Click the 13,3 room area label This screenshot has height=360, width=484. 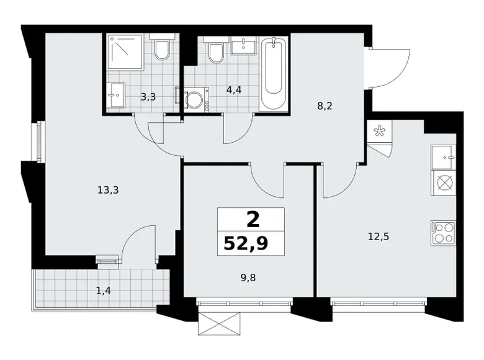click(x=107, y=191)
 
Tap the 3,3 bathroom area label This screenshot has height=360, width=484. click(x=148, y=96)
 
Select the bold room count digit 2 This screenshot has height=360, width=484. click(x=251, y=218)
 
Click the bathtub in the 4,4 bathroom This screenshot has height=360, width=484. click(x=274, y=74)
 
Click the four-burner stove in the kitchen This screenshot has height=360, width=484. click(x=442, y=233)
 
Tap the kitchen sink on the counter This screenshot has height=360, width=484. click(x=442, y=157)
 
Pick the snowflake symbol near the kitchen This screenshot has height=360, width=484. click(x=378, y=131)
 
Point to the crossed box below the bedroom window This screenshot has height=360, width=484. click(x=218, y=323)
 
